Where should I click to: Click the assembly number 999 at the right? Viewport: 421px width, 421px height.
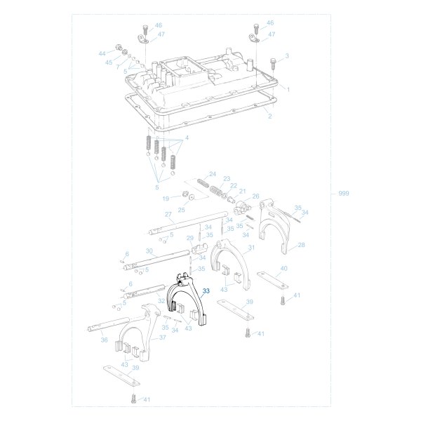tap(343, 193)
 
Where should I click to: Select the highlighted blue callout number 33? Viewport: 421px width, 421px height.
tap(206, 290)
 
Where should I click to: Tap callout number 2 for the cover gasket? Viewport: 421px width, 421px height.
tap(269, 116)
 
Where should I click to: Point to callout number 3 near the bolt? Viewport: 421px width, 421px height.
tap(286, 55)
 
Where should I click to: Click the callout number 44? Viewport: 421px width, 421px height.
tap(102, 53)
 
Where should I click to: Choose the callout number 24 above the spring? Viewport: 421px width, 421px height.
tap(212, 173)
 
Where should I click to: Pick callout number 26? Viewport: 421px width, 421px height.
tap(255, 196)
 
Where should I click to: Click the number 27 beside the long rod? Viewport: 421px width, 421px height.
tap(168, 214)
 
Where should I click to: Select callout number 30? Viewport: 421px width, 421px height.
tap(149, 250)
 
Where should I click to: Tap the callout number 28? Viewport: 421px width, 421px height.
tap(301, 245)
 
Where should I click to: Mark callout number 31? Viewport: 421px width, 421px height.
tap(251, 248)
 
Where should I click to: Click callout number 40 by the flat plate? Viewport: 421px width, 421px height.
tap(283, 268)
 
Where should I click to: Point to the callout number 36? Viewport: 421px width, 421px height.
tap(104, 340)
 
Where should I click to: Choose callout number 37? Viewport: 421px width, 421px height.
tap(162, 338)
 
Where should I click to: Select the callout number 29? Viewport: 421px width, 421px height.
tap(189, 239)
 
